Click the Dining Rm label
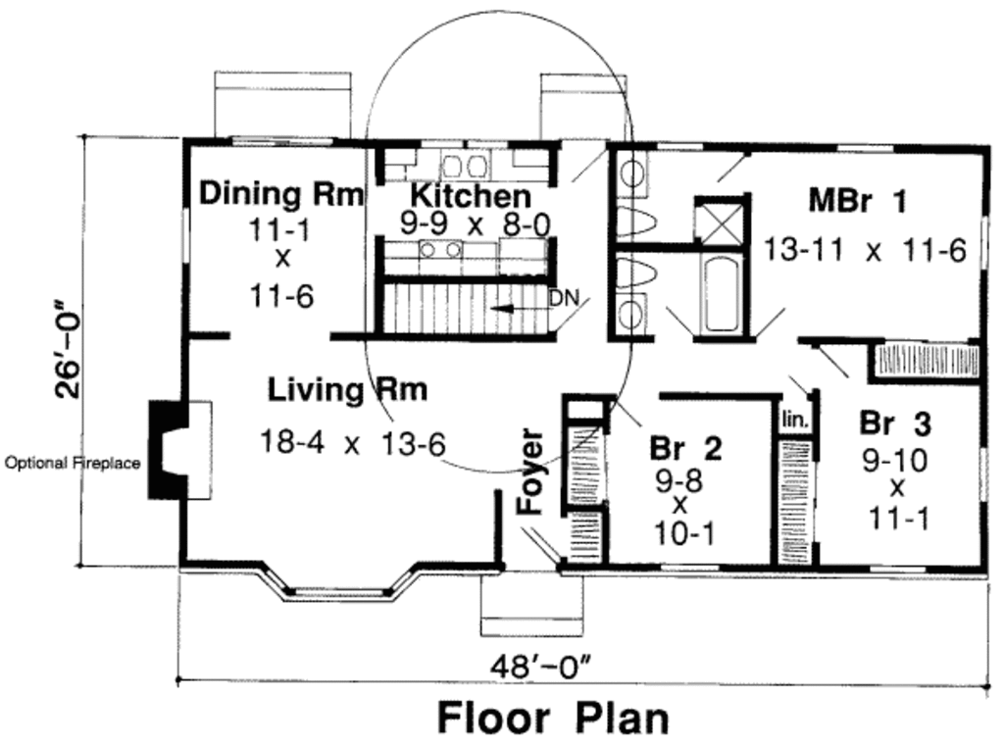281,194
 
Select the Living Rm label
347,390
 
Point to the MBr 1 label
857,201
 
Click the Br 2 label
685,448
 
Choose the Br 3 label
895,423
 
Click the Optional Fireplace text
73,463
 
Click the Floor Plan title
554,718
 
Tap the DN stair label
564,298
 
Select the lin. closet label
794,421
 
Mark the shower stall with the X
722,220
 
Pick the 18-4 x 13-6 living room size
352,442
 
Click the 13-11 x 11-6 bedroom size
865,250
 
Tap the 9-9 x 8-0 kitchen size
476,224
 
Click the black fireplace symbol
165,450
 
